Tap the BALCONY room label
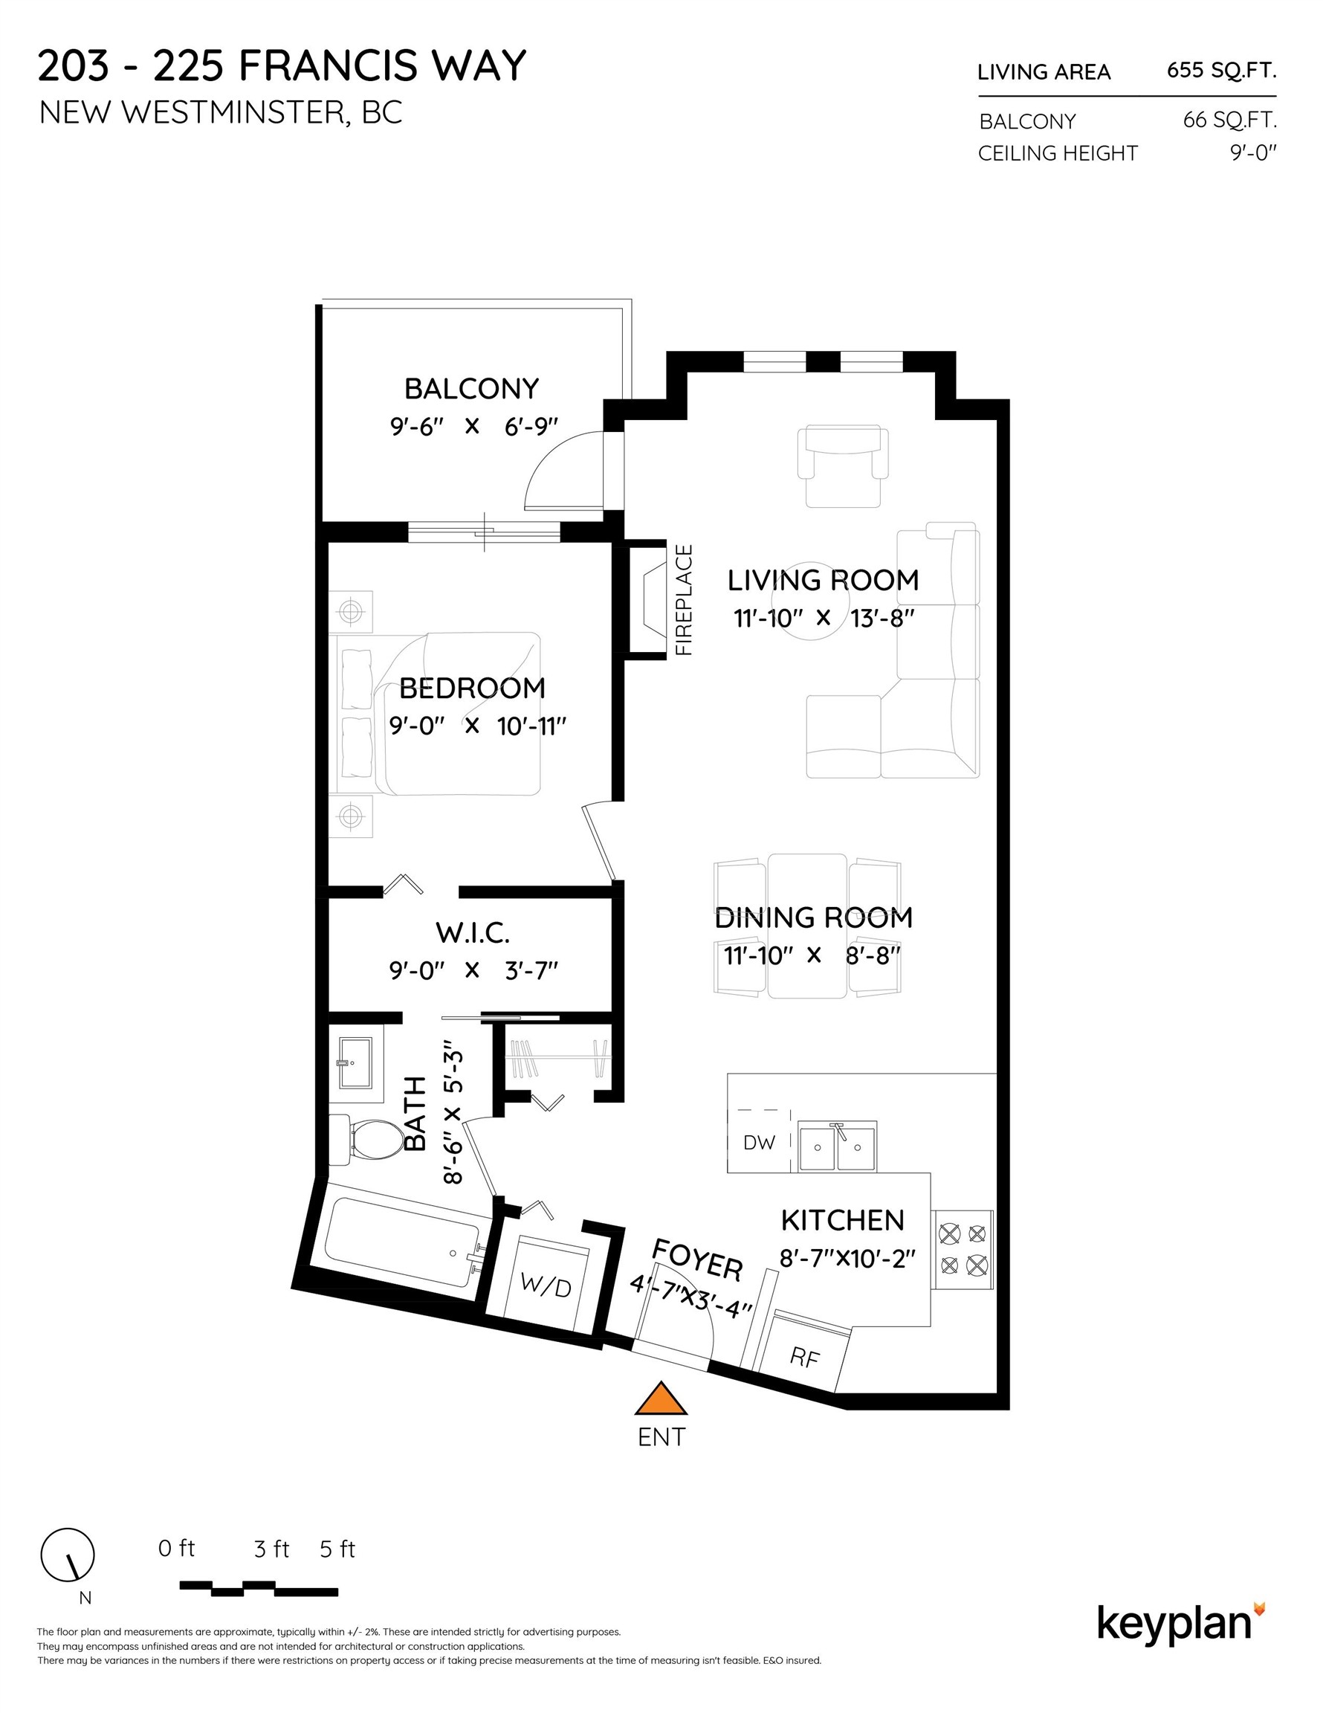tap(471, 388)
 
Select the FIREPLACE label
tap(684, 600)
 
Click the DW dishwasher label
tap(758, 1142)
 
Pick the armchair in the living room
tap(843, 466)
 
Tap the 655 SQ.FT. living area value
tap(1221, 71)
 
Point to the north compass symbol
tap(68, 1555)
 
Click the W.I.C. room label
tap(472, 933)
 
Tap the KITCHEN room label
tap(842, 1220)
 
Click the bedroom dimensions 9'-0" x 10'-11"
tap(478, 726)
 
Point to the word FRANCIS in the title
tap(327, 65)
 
